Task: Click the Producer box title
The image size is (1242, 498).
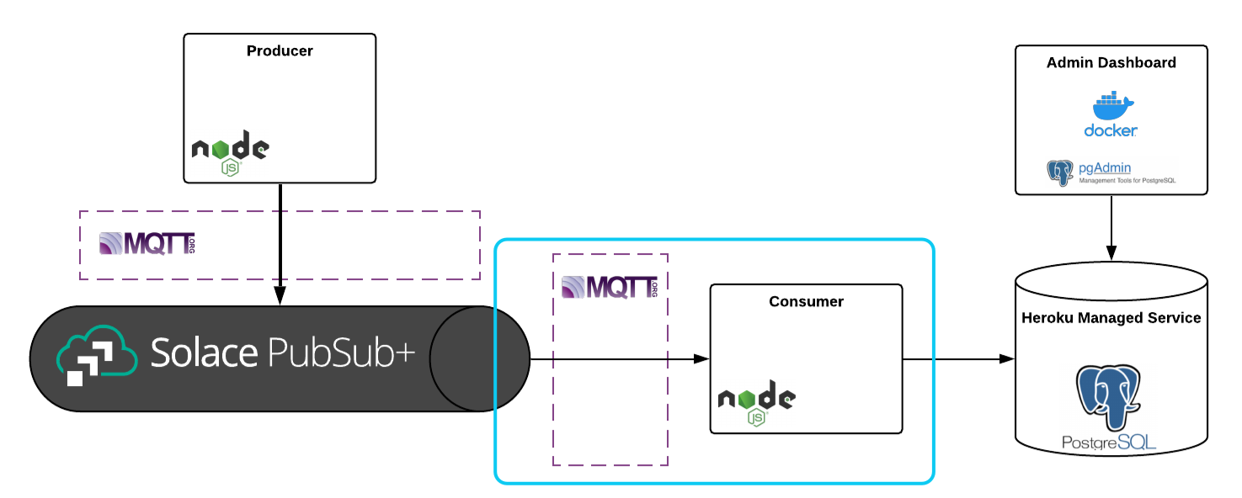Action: pos(280,51)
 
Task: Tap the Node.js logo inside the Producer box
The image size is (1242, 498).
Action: pos(230,152)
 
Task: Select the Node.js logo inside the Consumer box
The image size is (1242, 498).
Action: pos(756,403)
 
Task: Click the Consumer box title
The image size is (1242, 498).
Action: pos(806,301)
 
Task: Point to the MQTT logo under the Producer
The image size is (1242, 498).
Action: pos(147,244)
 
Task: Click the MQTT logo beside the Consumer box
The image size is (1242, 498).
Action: pos(609,287)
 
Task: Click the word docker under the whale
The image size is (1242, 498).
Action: pos(1111,130)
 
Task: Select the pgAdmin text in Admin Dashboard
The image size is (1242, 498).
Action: pos(1105,168)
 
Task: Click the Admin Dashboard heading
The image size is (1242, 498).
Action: pos(1111,63)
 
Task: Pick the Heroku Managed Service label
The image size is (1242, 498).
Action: pos(1111,318)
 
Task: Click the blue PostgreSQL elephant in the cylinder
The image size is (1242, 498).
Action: pos(1111,395)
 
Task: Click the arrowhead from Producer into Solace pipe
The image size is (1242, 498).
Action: pos(280,296)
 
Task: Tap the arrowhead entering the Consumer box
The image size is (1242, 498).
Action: pos(701,359)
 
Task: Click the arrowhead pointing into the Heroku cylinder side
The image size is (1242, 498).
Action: pos(1007,359)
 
